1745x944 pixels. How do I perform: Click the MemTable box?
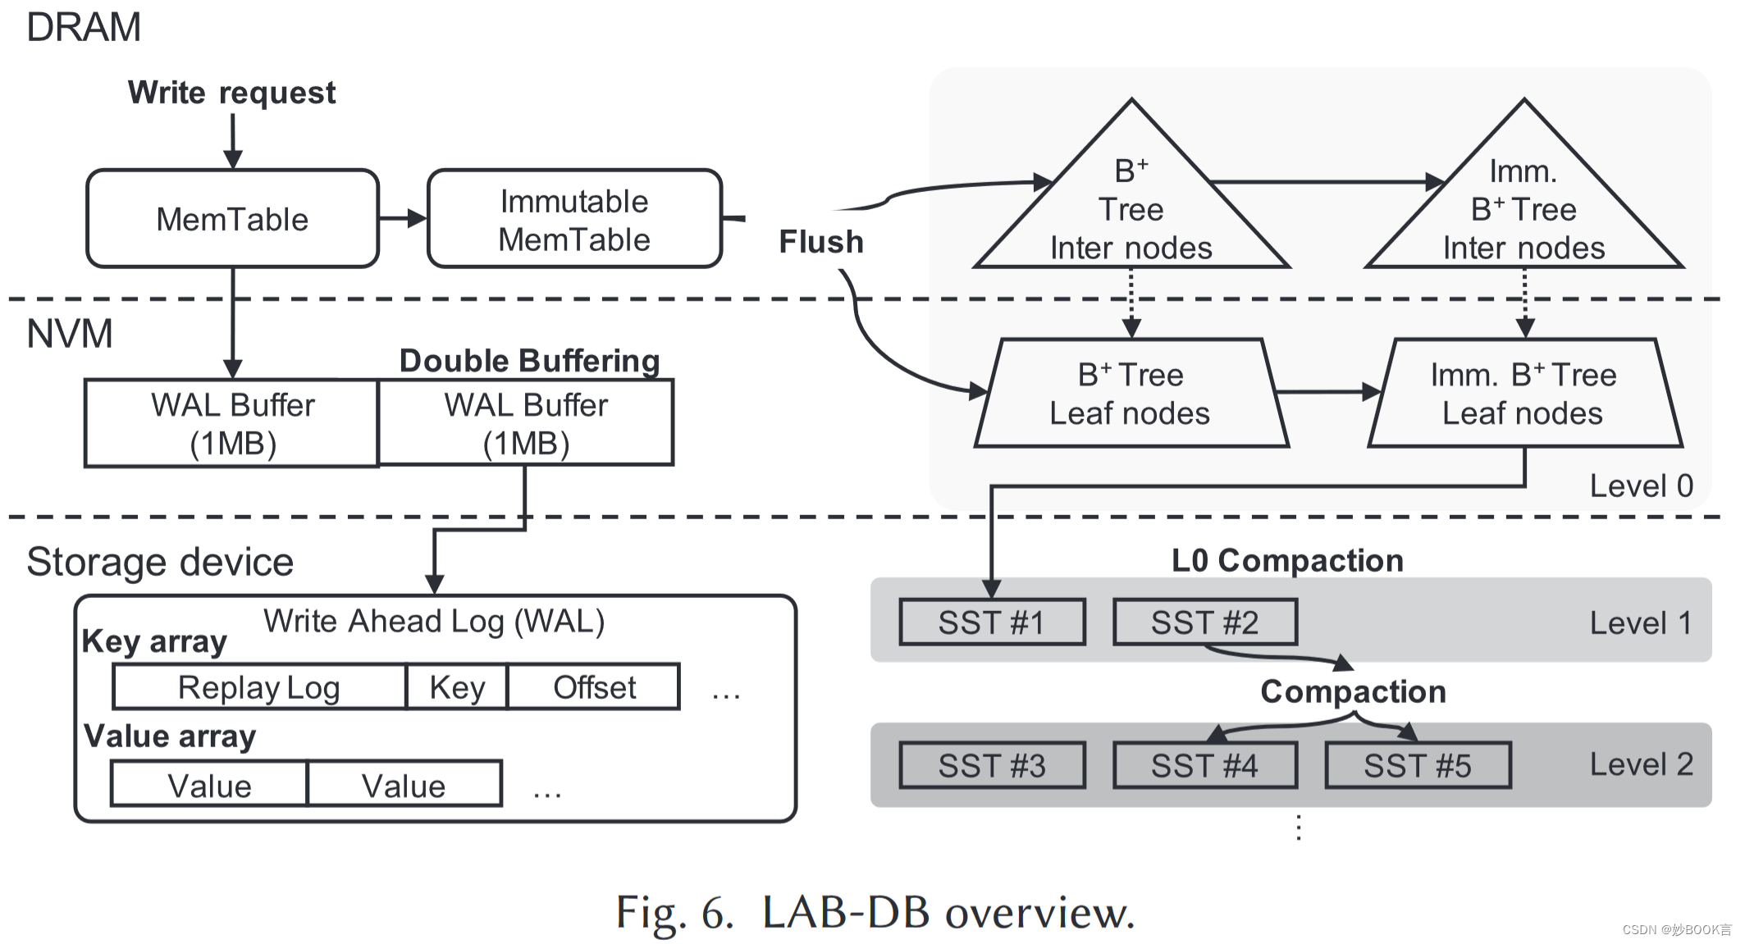pos(232,219)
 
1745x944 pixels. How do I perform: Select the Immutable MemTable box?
pos(574,219)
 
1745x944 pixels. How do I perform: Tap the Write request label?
pos(231,93)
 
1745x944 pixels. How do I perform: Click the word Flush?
pos(820,242)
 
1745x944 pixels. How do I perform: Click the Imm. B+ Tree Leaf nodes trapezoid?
pos(1523,394)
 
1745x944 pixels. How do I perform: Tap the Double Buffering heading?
pos(529,361)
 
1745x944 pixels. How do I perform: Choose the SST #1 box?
pos(991,622)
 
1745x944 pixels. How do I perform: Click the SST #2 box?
pos(1204,622)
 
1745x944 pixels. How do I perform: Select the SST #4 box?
pos(1204,766)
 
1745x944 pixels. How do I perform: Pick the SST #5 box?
pos(1418,766)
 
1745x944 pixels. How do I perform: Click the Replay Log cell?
pos(259,687)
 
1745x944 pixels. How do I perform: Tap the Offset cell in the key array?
pos(594,687)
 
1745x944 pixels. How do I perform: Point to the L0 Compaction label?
pos(1287,561)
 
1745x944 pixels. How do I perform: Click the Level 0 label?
pos(1641,486)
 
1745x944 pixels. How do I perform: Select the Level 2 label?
pos(1641,764)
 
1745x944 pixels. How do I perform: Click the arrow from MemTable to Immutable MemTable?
pos(403,218)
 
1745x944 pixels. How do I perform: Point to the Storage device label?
pos(160,563)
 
